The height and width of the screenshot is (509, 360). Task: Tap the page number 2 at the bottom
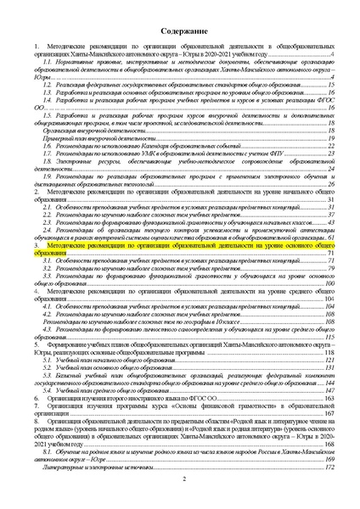[x=180, y=480]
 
